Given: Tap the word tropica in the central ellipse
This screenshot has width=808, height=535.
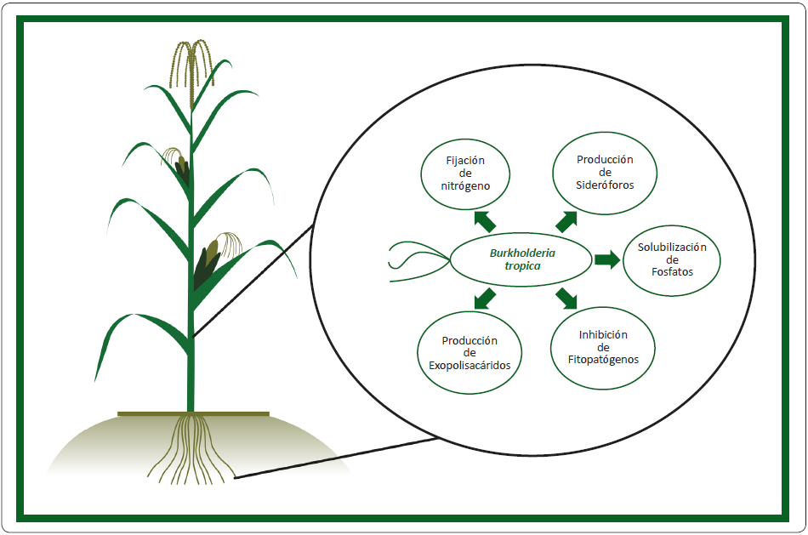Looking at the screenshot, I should [521, 266].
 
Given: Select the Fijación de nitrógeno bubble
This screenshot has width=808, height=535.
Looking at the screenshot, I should [464, 173].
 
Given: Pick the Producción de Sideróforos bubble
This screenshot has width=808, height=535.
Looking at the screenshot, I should [605, 173].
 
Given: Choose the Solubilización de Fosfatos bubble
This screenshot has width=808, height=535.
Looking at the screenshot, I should [672, 259].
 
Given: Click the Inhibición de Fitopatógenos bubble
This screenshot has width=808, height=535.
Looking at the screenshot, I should [603, 347].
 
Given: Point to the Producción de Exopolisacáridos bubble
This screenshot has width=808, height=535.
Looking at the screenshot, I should [469, 353].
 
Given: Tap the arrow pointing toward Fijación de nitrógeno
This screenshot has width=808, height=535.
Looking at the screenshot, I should [483, 221].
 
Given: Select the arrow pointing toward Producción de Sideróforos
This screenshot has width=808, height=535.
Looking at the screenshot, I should [566, 221].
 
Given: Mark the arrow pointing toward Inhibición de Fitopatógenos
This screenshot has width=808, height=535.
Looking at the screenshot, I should [566, 298].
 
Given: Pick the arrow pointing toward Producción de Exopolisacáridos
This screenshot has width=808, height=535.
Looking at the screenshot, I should [484, 298].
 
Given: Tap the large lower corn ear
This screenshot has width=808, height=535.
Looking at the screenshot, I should [207, 264].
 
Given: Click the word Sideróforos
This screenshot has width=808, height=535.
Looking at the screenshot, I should [605, 185].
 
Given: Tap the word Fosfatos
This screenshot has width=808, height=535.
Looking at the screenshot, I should [672, 272].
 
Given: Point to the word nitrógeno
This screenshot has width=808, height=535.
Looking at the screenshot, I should [464, 185].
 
